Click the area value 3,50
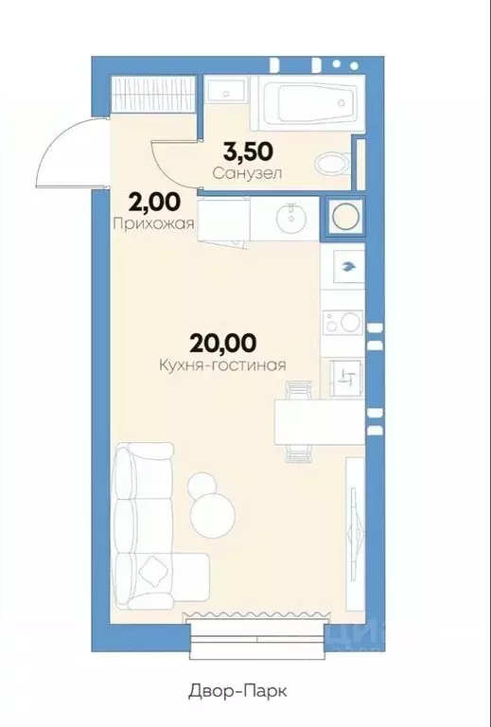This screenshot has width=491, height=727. (x=248, y=151)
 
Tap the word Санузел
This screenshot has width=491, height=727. (x=248, y=174)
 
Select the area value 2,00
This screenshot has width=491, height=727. (x=155, y=203)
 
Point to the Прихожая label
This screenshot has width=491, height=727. (x=153, y=224)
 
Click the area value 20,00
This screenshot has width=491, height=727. (x=223, y=343)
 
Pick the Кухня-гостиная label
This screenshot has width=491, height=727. (x=223, y=365)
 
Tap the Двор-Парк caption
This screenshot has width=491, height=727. (x=237, y=691)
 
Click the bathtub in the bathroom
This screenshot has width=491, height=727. (x=307, y=102)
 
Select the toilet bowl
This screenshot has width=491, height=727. (x=334, y=163)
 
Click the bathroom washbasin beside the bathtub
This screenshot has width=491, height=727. (x=225, y=91)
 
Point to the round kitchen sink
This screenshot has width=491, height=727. (x=290, y=218)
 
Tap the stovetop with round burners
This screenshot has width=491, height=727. (x=343, y=322)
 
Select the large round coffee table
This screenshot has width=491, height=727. (x=213, y=515)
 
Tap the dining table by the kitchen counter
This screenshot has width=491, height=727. (x=319, y=422)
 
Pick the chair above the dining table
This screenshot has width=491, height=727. (x=299, y=390)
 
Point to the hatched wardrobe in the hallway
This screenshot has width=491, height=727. (x=153, y=94)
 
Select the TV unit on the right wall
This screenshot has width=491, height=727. (x=356, y=533)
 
